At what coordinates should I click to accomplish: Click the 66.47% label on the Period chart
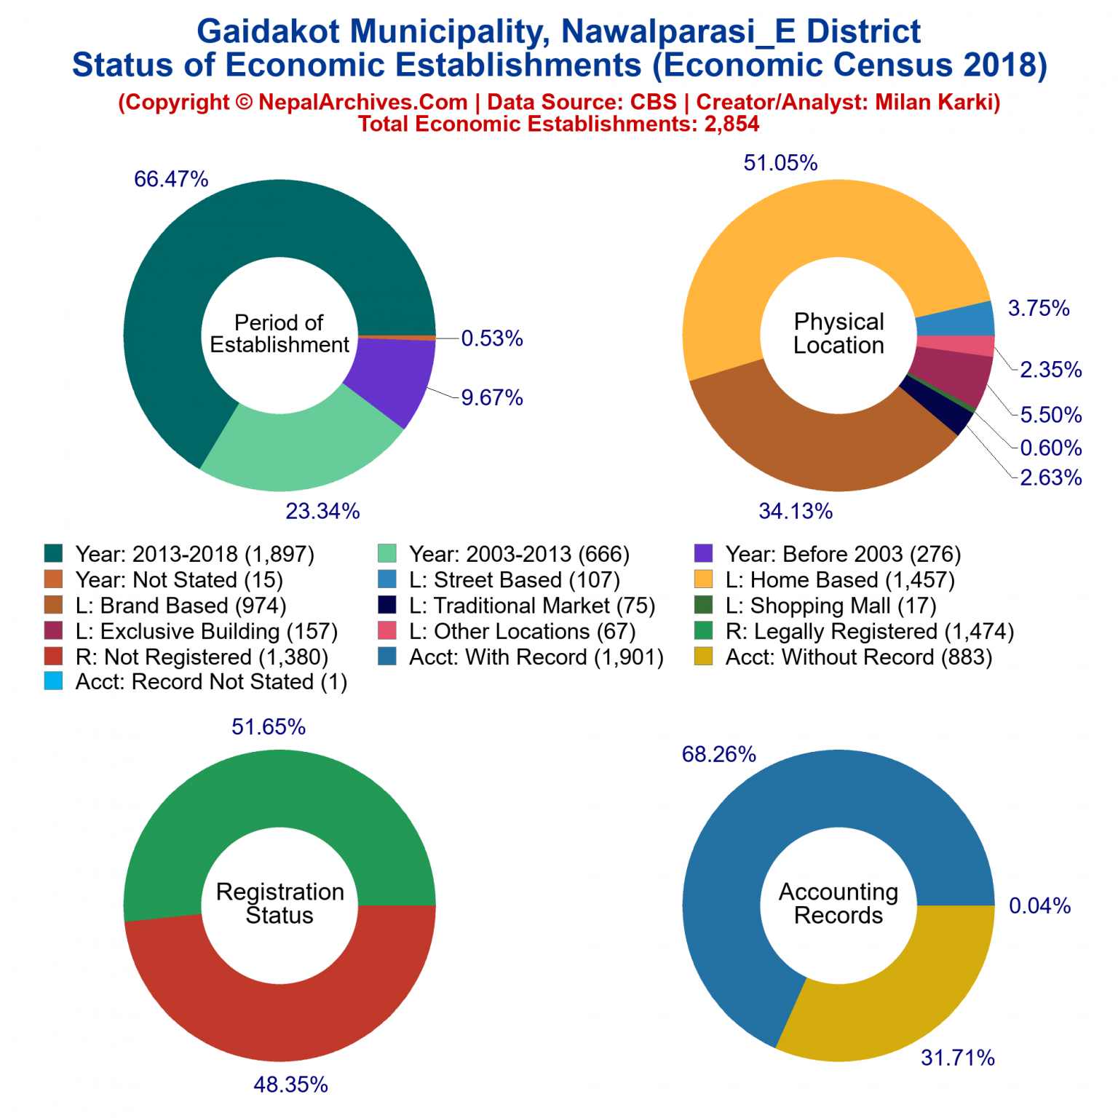[x=171, y=179]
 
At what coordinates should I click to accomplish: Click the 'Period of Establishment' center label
[x=279, y=333]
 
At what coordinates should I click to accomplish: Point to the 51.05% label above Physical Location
[x=780, y=163]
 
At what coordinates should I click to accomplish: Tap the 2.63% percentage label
[x=1050, y=477]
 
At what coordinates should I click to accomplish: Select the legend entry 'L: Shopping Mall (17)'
[x=830, y=606]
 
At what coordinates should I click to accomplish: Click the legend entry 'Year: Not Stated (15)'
[x=179, y=580]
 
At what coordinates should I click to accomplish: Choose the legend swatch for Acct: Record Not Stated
[x=54, y=681]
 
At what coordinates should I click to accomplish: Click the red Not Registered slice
[x=279, y=1004]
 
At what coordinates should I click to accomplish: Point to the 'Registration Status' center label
[x=279, y=903]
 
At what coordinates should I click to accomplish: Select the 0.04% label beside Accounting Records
[x=1039, y=905]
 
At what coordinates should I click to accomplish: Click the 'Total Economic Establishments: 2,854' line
[x=558, y=124]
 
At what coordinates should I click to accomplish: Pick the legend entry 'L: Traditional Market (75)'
[x=532, y=606]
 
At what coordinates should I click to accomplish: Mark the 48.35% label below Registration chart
[x=290, y=1085]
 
